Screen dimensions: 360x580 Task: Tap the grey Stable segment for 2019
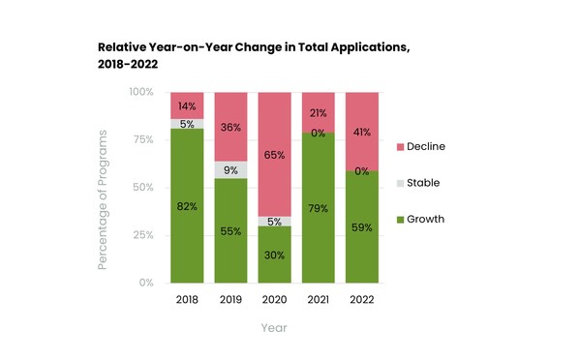(230, 169)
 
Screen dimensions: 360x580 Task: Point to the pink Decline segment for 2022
(361, 132)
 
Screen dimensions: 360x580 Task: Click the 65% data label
(275, 154)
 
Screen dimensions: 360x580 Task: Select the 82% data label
(187, 206)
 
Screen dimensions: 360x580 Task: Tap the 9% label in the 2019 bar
(230, 170)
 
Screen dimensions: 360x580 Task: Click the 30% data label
(275, 255)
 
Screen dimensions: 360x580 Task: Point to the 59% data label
(361, 227)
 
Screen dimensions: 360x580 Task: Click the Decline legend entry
(425, 146)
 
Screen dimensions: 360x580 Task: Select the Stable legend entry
(423, 182)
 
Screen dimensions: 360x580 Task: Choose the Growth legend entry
(425, 219)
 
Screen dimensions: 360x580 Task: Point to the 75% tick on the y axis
(142, 139)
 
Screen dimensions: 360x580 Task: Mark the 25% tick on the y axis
(142, 235)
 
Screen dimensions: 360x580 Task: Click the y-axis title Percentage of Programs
(103, 188)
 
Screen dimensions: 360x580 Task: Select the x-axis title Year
(274, 328)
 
